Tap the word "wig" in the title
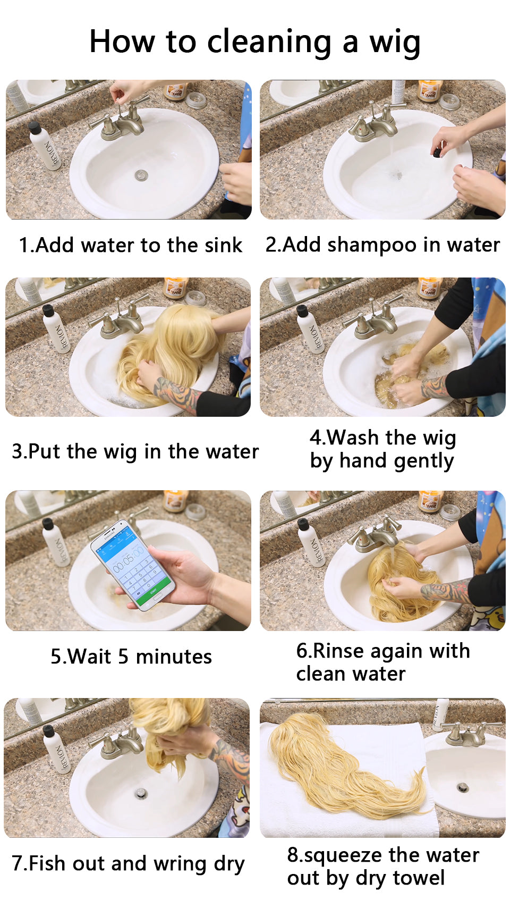pyautogui.click(x=395, y=44)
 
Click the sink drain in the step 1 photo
pyautogui.click(x=141, y=175)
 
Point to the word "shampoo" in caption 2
pyautogui.click(x=372, y=246)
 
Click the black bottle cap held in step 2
pyautogui.click(x=437, y=152)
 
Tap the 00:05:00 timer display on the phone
pyautogui.click(x=128, y=559)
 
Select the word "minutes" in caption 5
pyautogui.click(x=174, y=657)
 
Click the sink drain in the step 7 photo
pyautogui.click(x=141, y=793)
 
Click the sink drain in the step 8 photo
pyautogui.click(x=463, y=788)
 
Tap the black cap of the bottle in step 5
pyautogui.click(x=47, y=523)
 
